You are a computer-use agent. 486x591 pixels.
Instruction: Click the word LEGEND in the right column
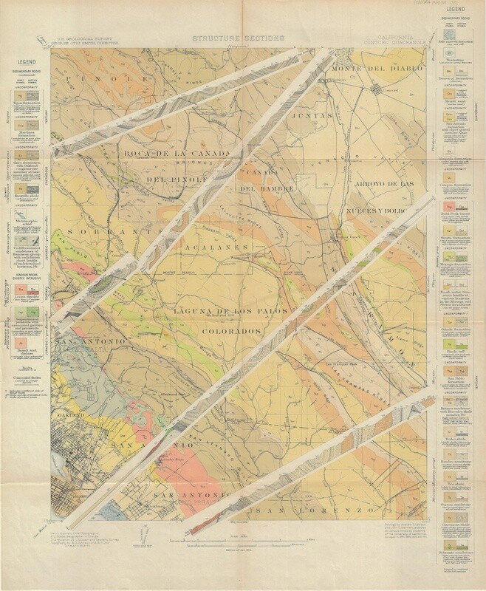click(459, 13)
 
